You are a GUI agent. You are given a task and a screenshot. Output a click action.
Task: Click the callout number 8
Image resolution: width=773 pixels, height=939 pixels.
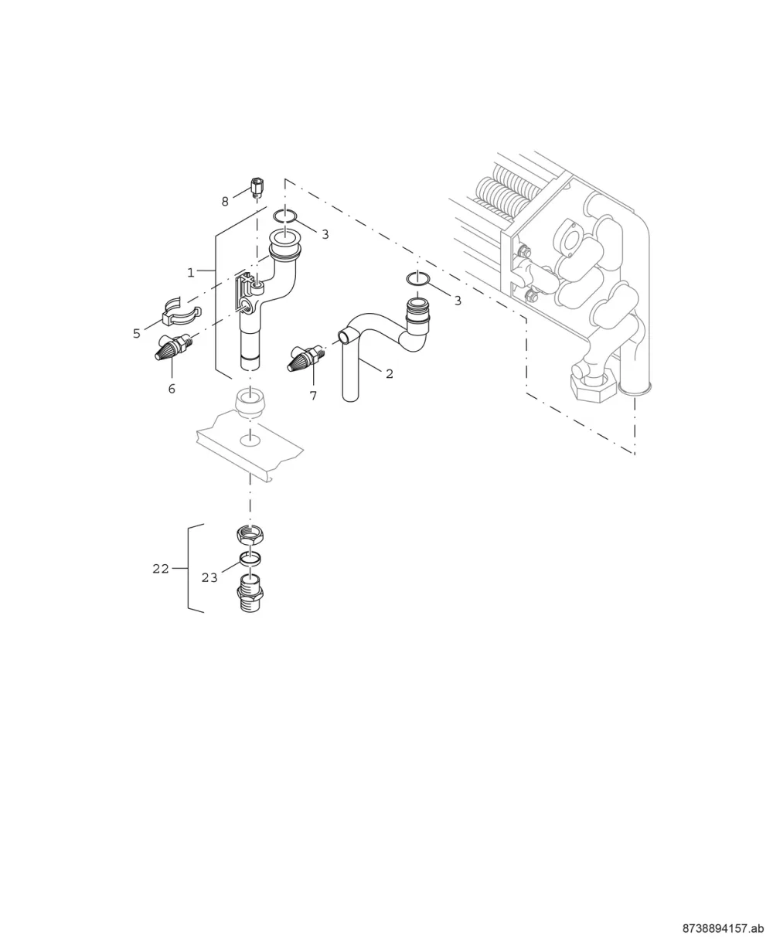[225, 202]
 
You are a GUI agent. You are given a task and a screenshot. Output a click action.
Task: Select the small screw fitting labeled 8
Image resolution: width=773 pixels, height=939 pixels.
[256, 188]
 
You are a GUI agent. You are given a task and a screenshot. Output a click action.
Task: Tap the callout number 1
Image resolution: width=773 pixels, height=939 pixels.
[191, 273]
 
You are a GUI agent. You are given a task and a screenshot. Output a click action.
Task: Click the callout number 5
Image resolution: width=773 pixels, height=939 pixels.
[137, 334]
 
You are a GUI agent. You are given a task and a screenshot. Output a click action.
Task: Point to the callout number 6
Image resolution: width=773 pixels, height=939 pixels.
[172, 390]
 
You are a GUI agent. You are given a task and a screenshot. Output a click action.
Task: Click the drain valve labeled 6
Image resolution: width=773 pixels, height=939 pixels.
[175, 348]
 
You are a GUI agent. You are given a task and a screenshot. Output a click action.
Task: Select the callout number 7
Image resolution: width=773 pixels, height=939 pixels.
[314, 396]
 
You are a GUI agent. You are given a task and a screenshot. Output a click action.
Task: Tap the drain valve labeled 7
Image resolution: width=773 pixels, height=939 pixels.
[308, 357]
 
